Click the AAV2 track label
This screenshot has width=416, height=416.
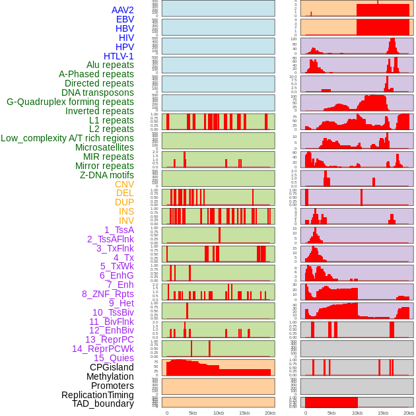pyautogui.click(x=123, y=10)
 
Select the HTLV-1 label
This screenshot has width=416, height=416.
pyautogui.click(x=118, y=56)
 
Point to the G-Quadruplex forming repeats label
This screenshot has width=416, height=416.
pyautogui.click(x=70, y=102)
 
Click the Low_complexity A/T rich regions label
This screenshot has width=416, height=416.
pyautogui.click(x=67, y=138)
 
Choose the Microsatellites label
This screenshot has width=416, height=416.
pyautogui.click(x=104, y=147)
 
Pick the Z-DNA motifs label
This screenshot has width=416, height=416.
pyautogui.click(x=107, y=175)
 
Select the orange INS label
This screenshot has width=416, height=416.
pyautogui.click(x=126, y=211)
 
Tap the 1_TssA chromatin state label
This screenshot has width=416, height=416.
pyautogui.click(x=119, y=230)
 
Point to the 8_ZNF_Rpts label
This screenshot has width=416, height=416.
pyautogui.click(x=108, y=294)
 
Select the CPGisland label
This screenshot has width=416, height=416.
pyautogui.click(x=112, y=367)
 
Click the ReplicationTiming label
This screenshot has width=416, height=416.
pyautogui.click(x=97, y=395)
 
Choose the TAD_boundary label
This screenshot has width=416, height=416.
pyautogui.click(x=103, y=403)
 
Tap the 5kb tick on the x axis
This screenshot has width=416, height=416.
pyautogui.click(x=193, y=413)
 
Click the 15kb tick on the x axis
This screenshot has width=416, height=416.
pyautogui.click(x=244, y=413)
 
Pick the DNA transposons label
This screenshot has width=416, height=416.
pyautogui.click(x=98, y=92)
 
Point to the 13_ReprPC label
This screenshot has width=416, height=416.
pyautogui.click(x=109, y=339)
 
